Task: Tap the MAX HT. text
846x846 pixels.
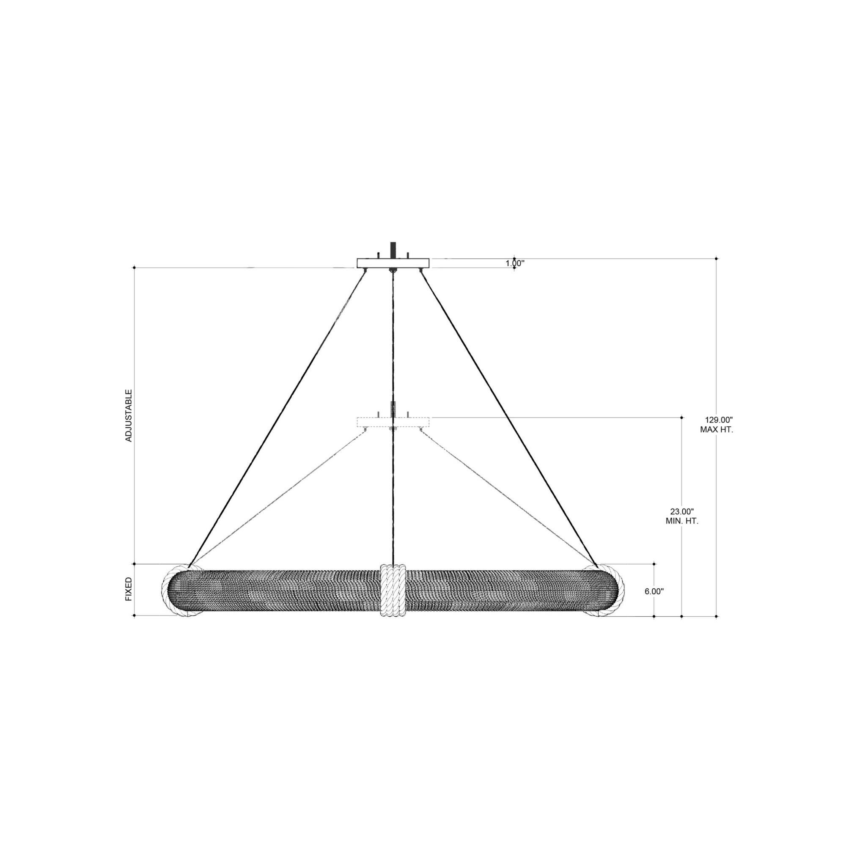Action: click(717, 430)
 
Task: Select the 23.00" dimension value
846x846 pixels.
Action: click(682, 511)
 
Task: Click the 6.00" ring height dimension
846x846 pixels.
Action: click(654, 591)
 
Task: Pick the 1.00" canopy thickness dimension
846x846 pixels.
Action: click(514, 264)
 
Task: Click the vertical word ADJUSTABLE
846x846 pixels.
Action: click(129, 415)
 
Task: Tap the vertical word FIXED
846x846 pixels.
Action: click(129, 589)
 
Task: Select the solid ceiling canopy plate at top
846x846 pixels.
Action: click(393, 263)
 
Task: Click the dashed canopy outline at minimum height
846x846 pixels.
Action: click(393, 422)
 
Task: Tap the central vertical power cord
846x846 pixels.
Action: click(394, 350)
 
